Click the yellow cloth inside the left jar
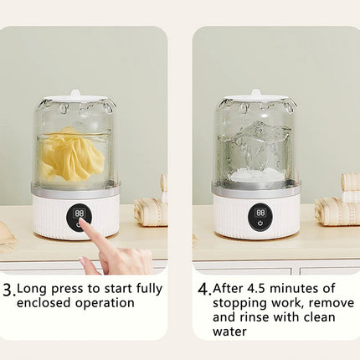pyautogui.click(x=71, y=155)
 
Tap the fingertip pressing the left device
pyautogui.click(x=83, y=222)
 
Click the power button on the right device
pyautogui.click(x=260, y=223)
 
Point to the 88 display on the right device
pyautogui.click(x=260, y=213)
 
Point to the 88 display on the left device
pyautogui.click(x=79, y=213)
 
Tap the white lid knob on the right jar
pyautogui.click(x=255, y=93)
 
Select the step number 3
pyautogui.click(x=8, y=291)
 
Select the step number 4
pyautogui.click(x=203, y=290)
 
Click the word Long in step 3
pyautogui.click(x=32, y=290)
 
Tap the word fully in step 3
pyautogui.click(x=149, y=290)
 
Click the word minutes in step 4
pyautogui.click(x=296, y=289)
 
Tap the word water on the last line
pyautogui.click(x=229, y=332)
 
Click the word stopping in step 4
pyautogui.click(x=239, y=304)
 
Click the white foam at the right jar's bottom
pyautogui.click(x=255, y=175)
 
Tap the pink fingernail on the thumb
pyautogui.click(x=84, y=262)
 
